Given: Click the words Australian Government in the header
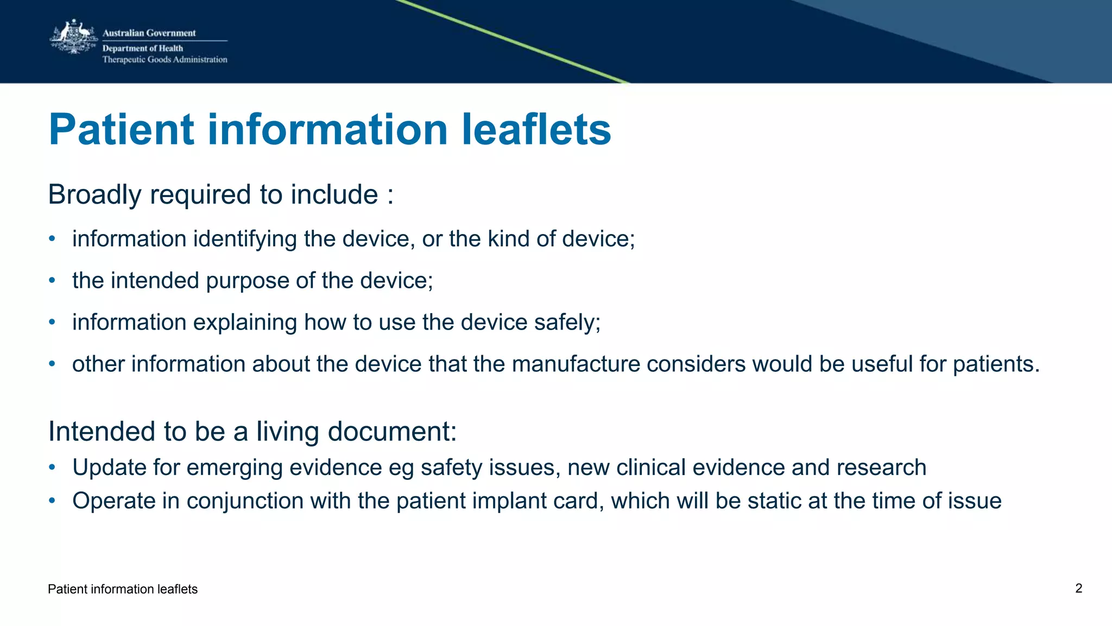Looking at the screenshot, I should [x=149, y=33].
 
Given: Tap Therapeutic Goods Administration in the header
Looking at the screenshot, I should [x=165, y=60].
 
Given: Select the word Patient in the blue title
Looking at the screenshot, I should [x=121, y=130].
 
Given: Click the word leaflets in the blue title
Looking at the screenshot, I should [x=536, y=130].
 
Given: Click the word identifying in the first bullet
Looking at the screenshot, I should [x=245, y=239].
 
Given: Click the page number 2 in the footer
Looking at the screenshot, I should [x=1078, y=589].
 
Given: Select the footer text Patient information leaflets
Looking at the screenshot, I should [x=123, y=590].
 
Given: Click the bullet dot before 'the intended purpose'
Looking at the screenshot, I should [x=52, y=281].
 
